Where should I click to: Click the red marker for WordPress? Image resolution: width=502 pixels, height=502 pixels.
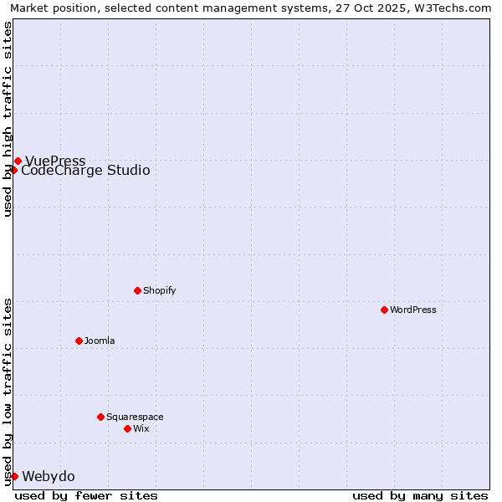point(384,310)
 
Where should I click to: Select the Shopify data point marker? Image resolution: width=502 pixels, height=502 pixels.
point(137,290)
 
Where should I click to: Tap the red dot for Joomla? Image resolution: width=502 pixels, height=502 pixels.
point(79,341)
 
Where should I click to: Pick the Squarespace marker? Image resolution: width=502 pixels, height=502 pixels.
point(100,417)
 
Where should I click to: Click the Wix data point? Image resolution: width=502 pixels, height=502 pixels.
point(127,428)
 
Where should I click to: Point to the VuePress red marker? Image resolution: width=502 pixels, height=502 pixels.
point(18,161)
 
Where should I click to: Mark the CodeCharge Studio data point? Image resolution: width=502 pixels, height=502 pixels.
point(13,170)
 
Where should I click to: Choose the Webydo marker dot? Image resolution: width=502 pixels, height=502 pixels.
point(14,476)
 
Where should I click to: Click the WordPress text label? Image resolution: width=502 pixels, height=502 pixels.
point(413,310)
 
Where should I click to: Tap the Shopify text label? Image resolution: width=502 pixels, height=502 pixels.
point(159,290)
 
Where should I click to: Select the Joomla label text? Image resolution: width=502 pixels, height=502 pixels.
point(100,341)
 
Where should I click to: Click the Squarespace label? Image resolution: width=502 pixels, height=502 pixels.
point(135,417)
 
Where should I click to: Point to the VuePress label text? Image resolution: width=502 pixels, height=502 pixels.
point(55,161)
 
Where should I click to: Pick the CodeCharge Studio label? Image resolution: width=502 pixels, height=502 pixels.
point(85,171)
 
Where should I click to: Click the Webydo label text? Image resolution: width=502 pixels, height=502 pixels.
point(49,477)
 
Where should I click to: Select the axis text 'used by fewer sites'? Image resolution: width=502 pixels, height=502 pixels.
point(86,495)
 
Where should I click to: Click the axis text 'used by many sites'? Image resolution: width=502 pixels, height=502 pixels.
point(420,495)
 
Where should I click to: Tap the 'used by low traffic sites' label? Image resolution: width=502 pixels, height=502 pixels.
point(8,392)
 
